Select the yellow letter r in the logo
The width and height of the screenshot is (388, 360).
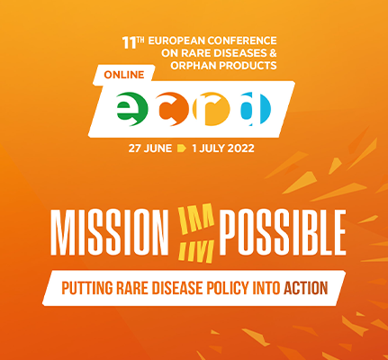[x=211, y=109]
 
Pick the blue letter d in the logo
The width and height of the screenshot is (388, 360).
[x=256, y=109]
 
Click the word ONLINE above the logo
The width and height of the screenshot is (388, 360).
[x=124, y=75]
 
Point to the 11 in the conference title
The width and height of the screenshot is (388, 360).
[x=129, y=43]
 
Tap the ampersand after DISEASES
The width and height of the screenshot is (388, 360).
[x=272, y=53]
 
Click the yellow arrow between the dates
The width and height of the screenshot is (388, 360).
[x=182, y=148]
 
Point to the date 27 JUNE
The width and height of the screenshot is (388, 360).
[x=150, y=148]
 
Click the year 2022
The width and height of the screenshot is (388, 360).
[x=240, y=148]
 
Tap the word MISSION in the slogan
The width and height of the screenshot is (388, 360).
[x=110, y=232]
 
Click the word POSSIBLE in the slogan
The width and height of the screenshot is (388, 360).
[x=283, y=232]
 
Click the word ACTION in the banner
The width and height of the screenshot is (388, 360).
[x=306, y=288]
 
